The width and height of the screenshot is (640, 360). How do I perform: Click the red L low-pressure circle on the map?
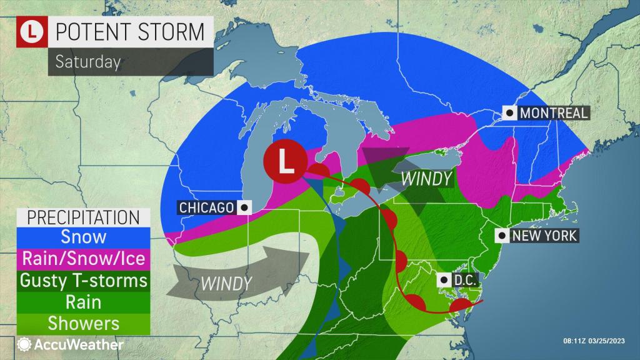284,162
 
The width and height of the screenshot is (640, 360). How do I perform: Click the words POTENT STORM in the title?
130,30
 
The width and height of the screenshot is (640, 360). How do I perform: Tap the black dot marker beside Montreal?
511,113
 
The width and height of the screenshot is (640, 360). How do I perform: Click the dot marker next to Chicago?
244,207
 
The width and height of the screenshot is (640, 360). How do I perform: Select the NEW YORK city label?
543,236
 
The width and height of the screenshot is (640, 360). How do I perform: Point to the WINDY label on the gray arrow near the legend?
226,282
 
